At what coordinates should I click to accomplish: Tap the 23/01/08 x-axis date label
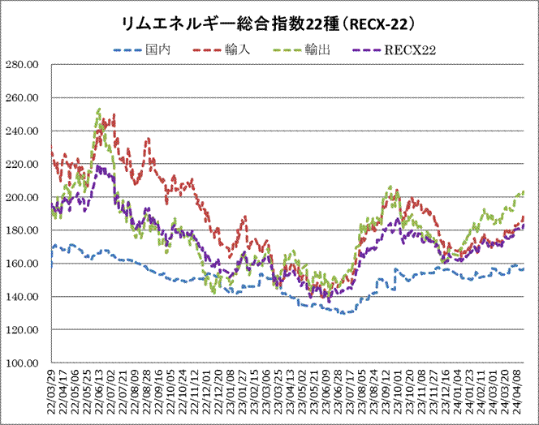[x=231, y=393]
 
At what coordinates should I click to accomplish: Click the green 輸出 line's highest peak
[x=98, y=109]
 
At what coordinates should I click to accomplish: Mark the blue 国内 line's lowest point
[x=345, y=313]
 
